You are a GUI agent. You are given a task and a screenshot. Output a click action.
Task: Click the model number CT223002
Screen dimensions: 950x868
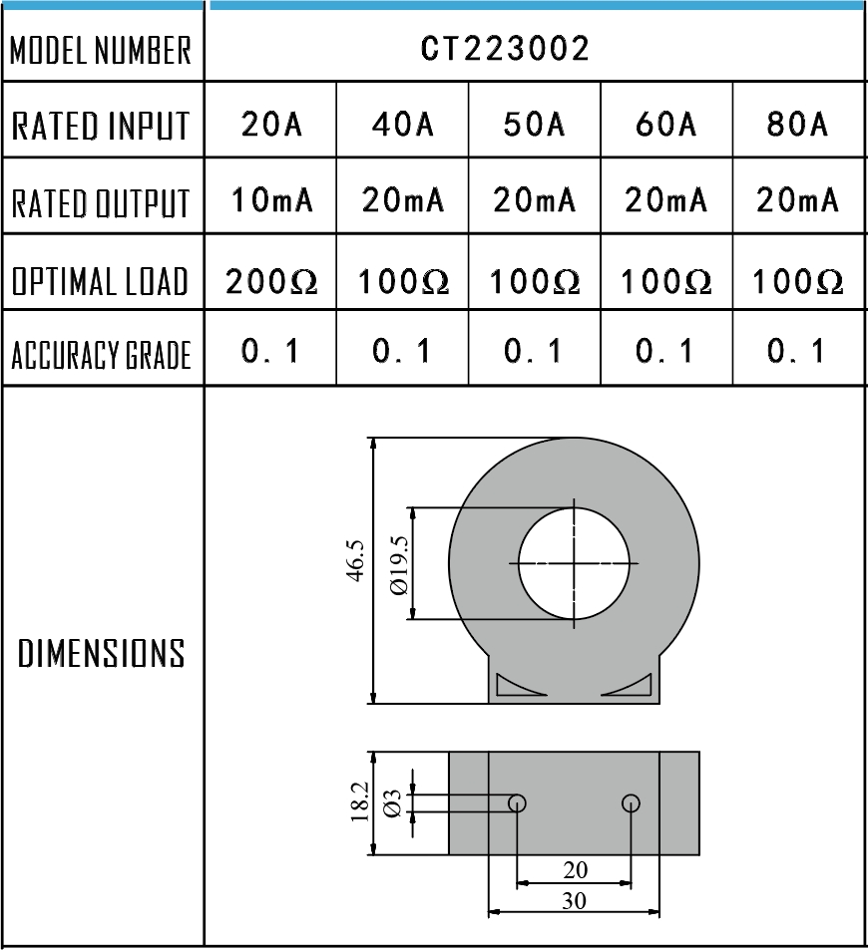click(505, 48)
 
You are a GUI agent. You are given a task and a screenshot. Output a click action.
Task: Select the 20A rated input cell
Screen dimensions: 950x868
click(270, 126)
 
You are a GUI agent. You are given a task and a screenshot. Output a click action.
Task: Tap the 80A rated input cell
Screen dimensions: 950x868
click(797, 126)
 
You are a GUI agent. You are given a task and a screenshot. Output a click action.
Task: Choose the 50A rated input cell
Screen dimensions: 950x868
click(534, 126)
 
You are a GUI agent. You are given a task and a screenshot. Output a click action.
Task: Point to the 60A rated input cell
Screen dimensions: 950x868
click(665, 126)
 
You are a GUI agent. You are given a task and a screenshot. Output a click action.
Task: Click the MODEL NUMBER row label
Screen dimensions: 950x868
click(101, 51)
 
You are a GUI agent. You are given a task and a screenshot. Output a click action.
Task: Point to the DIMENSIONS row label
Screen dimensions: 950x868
click(102, 654)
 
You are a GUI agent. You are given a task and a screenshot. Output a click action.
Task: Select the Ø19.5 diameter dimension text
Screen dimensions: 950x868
click(399, 567)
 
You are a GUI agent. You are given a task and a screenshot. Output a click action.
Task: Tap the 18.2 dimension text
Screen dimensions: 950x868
click(361, 803)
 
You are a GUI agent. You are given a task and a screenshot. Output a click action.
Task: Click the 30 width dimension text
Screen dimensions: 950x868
click(574, 900)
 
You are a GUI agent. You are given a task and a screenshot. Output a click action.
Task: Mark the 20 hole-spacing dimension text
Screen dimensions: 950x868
click(575, 870)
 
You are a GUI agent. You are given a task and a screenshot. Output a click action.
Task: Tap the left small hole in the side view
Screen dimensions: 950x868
click(517, 802)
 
